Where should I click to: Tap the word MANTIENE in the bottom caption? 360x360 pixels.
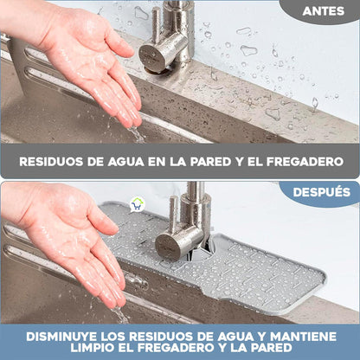pos(299,336)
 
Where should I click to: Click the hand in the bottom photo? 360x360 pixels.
pos(78,242)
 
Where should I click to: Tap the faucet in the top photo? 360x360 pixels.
pos(169,39)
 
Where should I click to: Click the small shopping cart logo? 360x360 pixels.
pos(137,205)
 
